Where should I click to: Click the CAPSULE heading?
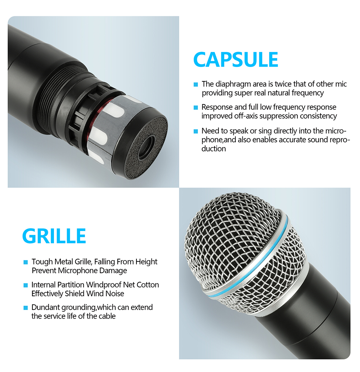click(x=235, y=59)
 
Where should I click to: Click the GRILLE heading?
click(x=54, y=236)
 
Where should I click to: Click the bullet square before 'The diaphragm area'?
click(x=196, y=84)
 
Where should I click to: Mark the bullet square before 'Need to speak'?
click(x=196, y=131)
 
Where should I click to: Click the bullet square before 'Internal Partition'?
click(x=26, y=285)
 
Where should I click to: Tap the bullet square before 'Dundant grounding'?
click(x=26, y=308)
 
